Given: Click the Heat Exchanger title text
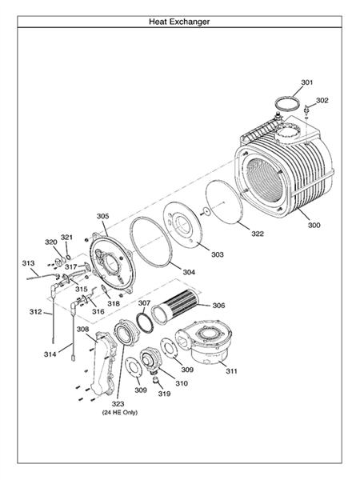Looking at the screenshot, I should [179, 22].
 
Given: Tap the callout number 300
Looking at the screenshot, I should [313, 226].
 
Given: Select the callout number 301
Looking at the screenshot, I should [307, 83].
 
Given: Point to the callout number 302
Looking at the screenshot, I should [322, 101].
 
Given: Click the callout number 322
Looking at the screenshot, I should [258, 234].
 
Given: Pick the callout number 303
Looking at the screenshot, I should [218, 254].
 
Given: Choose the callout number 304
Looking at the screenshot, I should [189, 272].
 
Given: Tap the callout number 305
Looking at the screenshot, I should [102, 216].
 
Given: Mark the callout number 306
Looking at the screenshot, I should [218, 306].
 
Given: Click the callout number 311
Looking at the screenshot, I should [231, 371].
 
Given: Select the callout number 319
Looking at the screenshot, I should [164, 394].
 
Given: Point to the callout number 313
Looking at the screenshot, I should [28, 263].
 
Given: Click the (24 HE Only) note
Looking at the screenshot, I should [118, 413].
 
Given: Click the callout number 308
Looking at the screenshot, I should [82, 330].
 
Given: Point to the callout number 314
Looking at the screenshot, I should [50, 353].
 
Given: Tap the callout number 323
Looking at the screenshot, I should [118, 403].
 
